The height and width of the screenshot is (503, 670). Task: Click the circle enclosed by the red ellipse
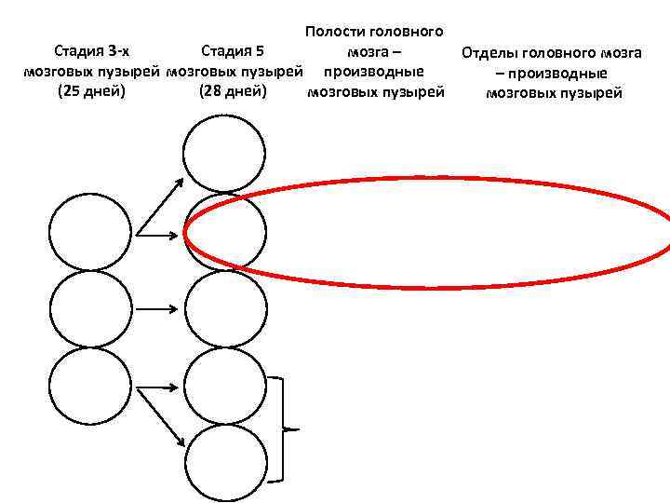coord(224,233)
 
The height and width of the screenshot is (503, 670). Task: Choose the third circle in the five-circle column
coord(224,308)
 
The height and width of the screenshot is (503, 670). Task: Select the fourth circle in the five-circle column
coord(224,384)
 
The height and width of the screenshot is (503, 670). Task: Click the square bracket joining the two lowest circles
coord(288,429)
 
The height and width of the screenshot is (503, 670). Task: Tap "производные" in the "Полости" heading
coord(373,72)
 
